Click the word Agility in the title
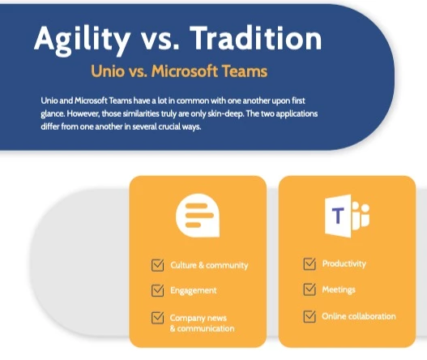(82, 41)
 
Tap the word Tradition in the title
(256, 38)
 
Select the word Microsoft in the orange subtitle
(185, 71)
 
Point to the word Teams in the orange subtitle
(245, 71)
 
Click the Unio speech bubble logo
(198, 216)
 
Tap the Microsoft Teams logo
(347, 216)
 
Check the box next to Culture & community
(158, 265)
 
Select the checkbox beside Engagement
(158, 290)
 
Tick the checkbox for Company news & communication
(158, 318)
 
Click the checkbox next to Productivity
(310, 264)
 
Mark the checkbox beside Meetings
(310, 289)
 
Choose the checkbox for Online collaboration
(310, 316)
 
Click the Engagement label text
(194, 291)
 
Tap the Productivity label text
(344, 264)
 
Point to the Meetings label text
(339, 289)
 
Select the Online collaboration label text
(359, 316)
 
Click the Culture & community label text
(209, 265)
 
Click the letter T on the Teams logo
(338, 216)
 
